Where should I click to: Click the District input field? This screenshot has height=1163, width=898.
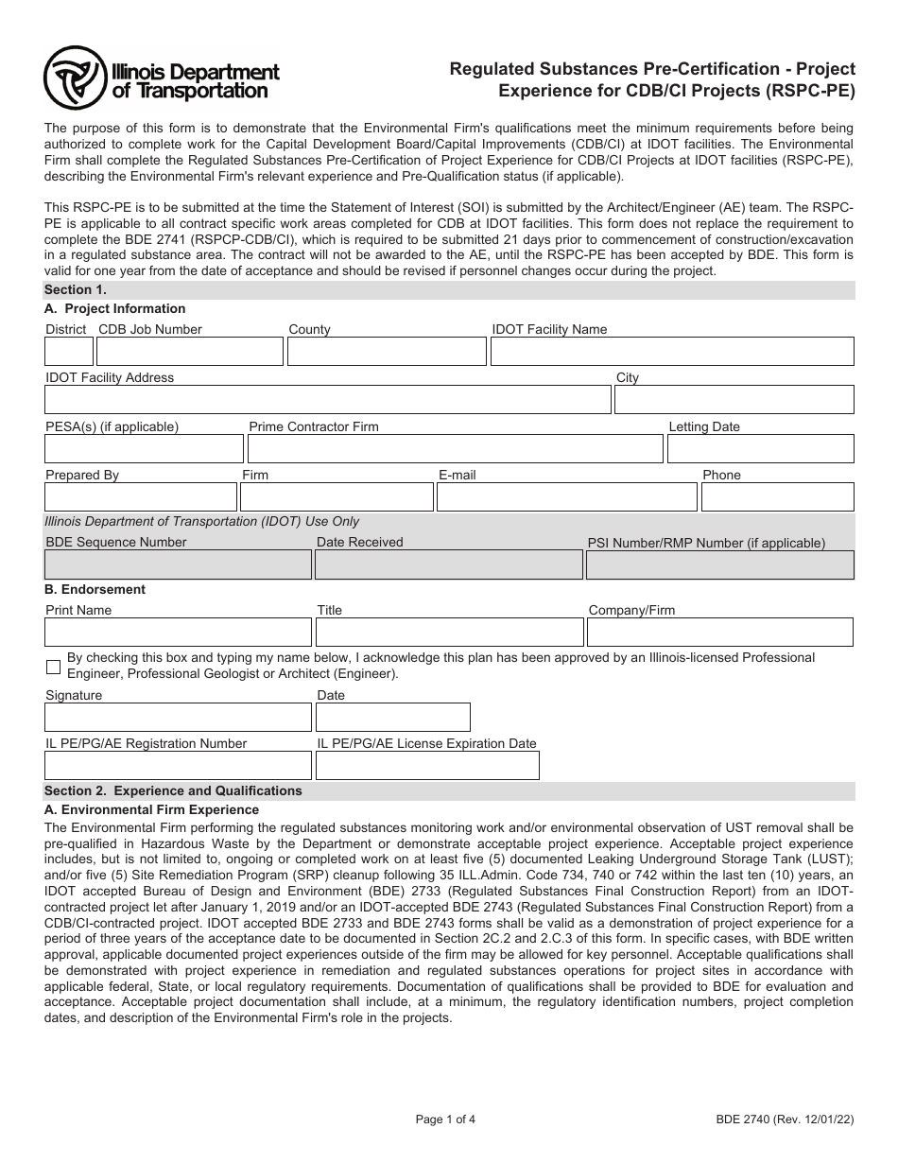[x=69, y=352]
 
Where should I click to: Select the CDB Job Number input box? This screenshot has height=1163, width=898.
[x=190, y=352]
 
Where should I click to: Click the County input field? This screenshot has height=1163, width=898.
[x=386, y=352]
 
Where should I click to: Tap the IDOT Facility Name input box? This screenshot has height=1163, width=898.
[x=672, y=352]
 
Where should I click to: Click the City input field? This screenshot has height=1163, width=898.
[x=734, y=400]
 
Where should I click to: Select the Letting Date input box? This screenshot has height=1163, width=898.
[x=760, y=449]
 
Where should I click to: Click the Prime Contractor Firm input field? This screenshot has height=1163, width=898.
[x=455, y=449]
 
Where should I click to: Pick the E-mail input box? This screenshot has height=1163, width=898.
[x=566, y=497]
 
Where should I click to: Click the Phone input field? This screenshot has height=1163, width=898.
[x=777, y=497]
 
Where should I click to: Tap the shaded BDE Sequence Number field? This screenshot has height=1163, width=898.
[x=178, y=565]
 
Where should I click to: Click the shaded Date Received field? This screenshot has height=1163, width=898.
[x=448, y=565]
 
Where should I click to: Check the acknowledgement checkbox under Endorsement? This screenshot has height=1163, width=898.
[x=53, y=667]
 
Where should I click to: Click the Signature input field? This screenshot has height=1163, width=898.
[x=178, y=718]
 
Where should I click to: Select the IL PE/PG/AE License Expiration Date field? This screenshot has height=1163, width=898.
[x=427, y=766]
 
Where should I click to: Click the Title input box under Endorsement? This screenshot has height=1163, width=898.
[x=448, y=633]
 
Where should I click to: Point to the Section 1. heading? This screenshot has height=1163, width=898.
[x=76, y=290]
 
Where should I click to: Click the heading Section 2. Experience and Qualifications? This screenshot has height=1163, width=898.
[x=174, y=791]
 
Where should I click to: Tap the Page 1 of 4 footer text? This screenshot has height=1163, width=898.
[x=445, y=1120]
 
